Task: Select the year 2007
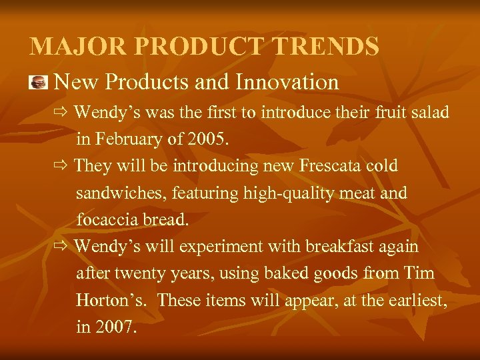[116, 328]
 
